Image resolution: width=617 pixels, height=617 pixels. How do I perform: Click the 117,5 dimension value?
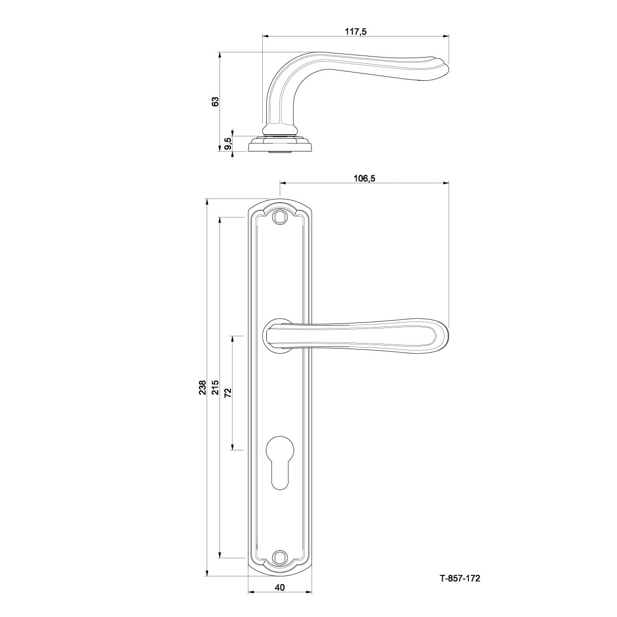click(355, 31)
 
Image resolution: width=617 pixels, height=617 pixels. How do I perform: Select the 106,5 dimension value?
click(364, 178)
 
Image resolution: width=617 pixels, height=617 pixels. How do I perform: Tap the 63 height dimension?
click(215, 101)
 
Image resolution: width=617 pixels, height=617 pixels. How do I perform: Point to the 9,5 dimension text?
click(228, 144)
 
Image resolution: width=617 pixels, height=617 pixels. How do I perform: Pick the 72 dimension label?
click(228, 393)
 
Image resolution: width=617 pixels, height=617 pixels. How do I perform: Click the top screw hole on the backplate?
click(280, 217)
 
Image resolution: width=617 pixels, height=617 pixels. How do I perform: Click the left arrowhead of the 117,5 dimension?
click(265, 37)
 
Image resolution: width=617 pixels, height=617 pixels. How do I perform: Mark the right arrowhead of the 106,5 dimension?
click(445, 183)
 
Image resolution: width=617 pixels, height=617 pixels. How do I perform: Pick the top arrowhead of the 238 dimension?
click(207, 202)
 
